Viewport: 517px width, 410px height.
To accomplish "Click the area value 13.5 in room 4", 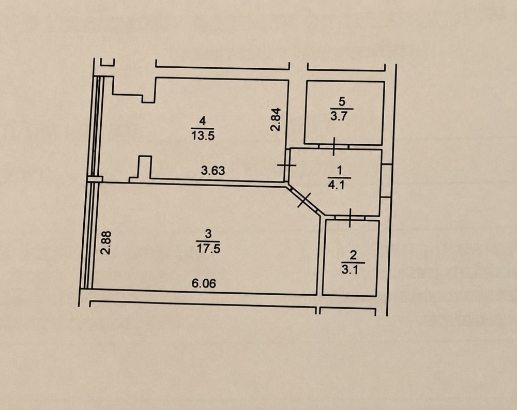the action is click(x=203, y=135).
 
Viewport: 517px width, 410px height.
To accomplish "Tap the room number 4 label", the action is click(x=203, y=122).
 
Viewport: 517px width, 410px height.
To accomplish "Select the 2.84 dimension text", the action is click(x=276, y=119).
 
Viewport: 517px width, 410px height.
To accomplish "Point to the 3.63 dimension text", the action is click(x=213, y=171).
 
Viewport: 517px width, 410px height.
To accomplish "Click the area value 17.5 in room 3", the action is click(x=208, y=248).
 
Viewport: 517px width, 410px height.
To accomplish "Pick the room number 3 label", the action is click(x=208, y=234).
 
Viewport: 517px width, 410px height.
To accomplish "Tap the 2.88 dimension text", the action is click(x=106, y=242).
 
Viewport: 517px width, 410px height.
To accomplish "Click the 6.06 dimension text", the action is click(x=204, y=283).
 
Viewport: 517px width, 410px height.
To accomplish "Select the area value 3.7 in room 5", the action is click(x=340, y=116).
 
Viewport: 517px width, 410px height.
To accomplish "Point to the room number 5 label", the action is click(x=342, y=101).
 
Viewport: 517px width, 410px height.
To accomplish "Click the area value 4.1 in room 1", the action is click(x=337, y=185).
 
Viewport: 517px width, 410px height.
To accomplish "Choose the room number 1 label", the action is click(x=339, y=171).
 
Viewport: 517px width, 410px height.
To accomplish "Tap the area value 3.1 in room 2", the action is click(x=350, y=270).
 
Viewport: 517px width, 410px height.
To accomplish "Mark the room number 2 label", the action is click(x=353, y=255).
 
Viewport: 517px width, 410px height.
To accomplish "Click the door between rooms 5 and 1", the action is click(x=333, y=146).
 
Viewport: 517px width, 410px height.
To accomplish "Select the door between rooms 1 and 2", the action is click(x=350, y=218).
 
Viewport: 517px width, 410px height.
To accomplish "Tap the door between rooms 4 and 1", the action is click(x=287, y=165).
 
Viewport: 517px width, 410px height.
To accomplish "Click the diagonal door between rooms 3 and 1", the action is click(x=304, y=201).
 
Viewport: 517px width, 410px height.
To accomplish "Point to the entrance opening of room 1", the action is click(x=386, y=180).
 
